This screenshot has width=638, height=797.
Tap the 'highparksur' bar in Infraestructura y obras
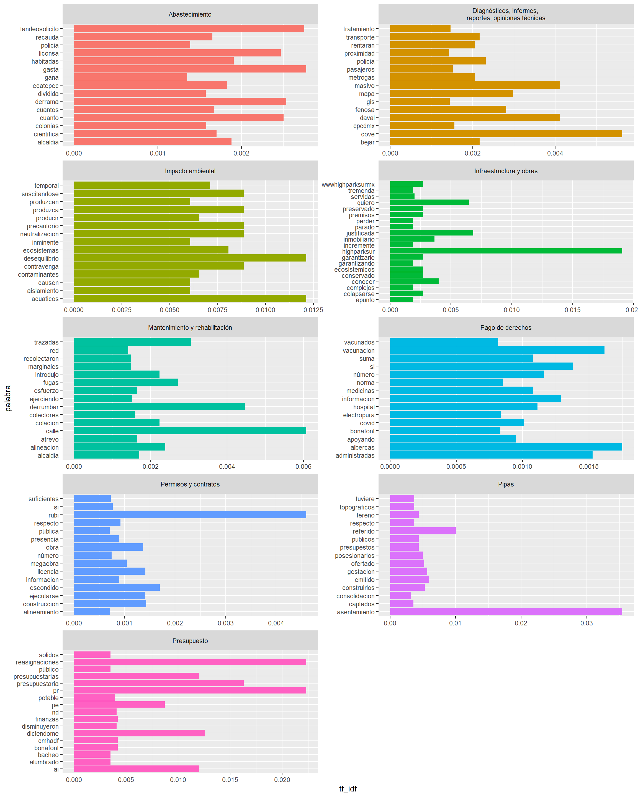(x=506, y=251)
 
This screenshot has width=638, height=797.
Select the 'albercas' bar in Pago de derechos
(x=506, y=447)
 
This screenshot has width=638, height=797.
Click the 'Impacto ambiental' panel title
(x=190, y=171)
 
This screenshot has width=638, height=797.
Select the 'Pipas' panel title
(x=506, y=484)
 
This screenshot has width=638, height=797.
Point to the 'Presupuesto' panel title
(x=190, y=641)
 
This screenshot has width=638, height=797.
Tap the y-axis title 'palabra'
(x=8, y=398)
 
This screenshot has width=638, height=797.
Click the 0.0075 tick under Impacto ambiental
(x=217, y=310)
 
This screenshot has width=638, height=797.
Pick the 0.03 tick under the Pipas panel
(x=586, y=623)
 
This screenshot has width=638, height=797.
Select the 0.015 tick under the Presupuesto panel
(x=230, y=780)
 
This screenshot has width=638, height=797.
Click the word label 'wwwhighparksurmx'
(x=348, y=185)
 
